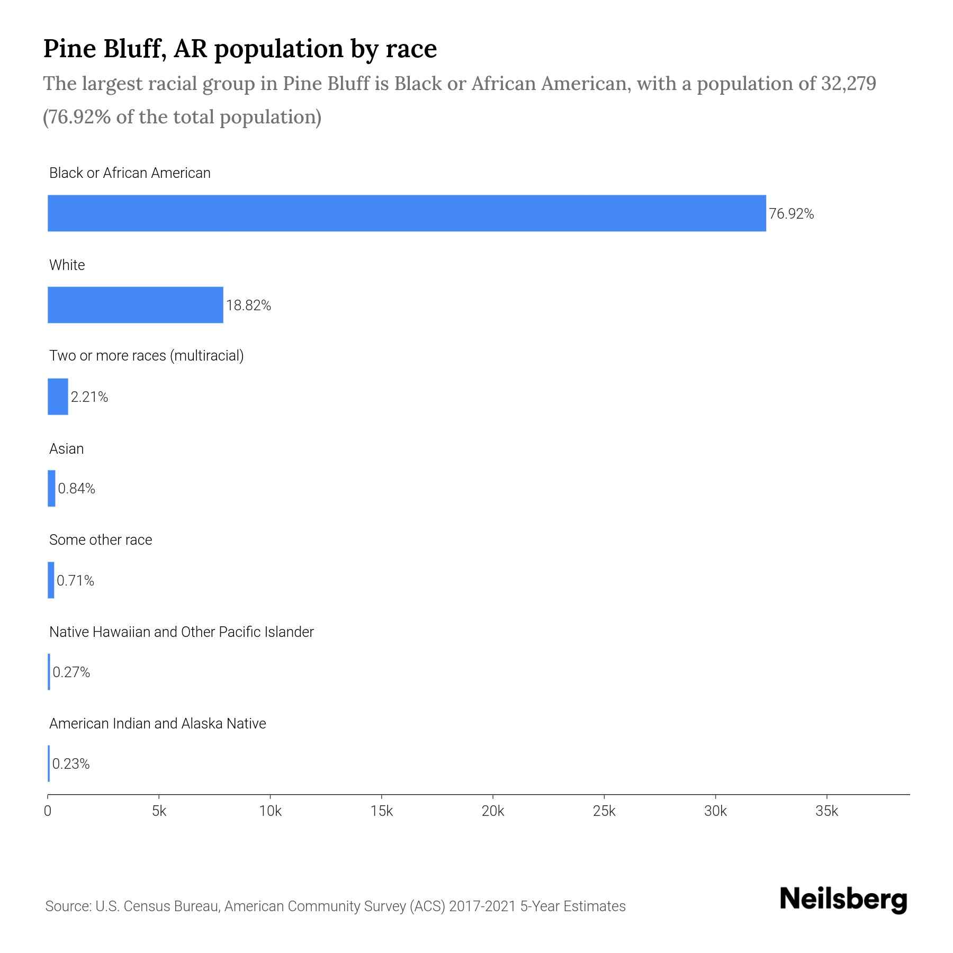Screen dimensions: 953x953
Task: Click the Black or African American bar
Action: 407,213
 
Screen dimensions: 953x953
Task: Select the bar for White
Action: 136,305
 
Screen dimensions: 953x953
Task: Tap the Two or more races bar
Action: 58,397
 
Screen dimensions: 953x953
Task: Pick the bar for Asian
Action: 51,488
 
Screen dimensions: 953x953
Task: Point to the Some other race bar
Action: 51,580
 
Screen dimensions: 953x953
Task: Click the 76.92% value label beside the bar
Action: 791,214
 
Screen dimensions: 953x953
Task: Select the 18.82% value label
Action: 248,305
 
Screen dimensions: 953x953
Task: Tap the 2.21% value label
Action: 89,397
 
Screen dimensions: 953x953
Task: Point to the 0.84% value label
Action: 76,489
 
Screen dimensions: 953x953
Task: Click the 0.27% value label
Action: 71,672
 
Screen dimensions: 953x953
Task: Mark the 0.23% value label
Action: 71,764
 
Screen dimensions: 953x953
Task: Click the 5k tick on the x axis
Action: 159,811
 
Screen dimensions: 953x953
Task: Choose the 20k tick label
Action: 493,811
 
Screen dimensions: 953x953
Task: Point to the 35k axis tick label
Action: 826,811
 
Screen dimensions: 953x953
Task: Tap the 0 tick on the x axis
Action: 48,811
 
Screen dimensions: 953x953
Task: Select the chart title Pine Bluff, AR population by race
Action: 240,49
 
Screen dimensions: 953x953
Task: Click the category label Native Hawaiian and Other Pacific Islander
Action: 181,632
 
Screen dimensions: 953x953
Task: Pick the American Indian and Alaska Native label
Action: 157,724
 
